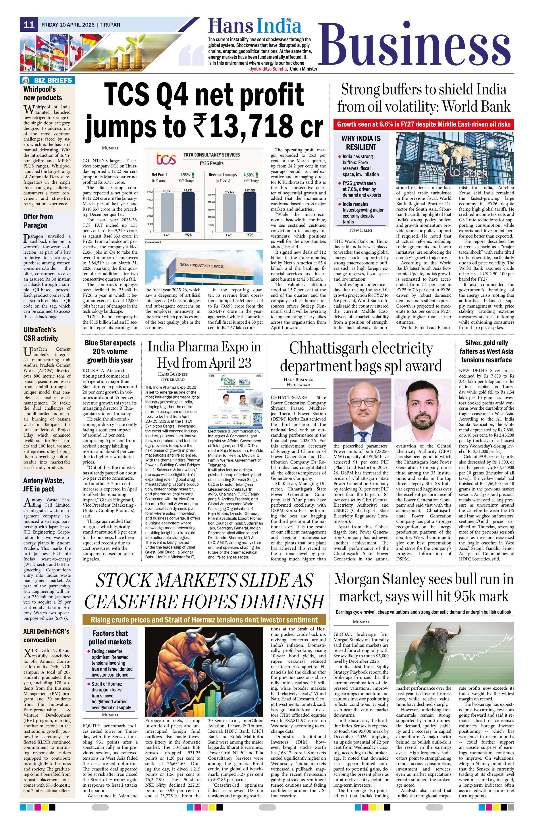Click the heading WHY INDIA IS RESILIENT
[x=361, y=143]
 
